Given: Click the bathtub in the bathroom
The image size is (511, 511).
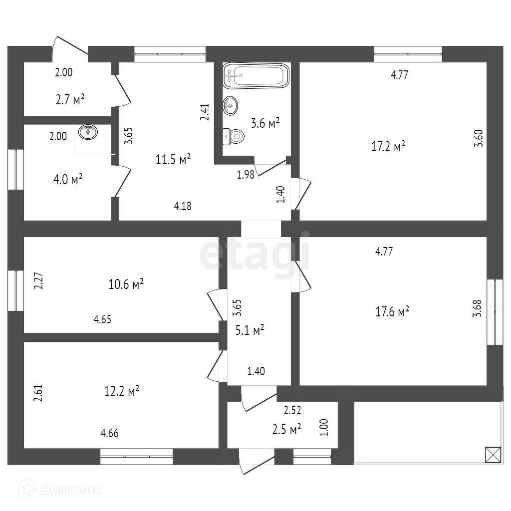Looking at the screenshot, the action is (x=255, y=75).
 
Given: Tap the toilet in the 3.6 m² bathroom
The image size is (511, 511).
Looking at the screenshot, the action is (x=234, y=135).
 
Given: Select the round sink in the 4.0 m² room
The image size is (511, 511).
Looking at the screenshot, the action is (x=88, y=132).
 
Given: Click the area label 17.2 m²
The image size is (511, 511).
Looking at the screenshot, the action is (x=388, y=147).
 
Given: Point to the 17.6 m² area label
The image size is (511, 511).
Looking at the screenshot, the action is (x=392, y=312).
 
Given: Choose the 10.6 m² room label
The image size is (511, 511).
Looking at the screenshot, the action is (x=126, y=284).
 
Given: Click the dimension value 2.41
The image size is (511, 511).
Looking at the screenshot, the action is (x=205, y=112).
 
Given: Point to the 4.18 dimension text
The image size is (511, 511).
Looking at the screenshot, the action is (x=183, y=205).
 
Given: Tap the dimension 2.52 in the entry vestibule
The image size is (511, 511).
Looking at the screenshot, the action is (x=292, y=411).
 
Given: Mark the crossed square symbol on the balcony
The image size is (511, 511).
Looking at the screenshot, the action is (x=493, y=455).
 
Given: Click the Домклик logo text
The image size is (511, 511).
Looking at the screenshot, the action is (x=70, y=490).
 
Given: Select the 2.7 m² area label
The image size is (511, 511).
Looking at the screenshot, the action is (x=70, y=99).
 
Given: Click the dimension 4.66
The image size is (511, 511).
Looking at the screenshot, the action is (x=110, y=434).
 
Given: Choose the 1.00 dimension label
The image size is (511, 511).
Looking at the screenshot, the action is (x=324, y=428).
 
